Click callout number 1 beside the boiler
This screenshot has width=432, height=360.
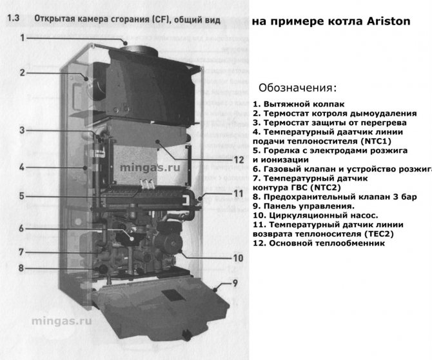(23, 38)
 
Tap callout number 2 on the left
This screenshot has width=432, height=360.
(23, 73)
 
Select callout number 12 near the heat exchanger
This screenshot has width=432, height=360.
(239, 160)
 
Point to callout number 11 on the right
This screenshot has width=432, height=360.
(239, 194)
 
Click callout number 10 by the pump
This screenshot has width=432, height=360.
(239, 258)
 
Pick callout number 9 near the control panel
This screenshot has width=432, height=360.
(235, 283)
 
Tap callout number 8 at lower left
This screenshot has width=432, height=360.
(21, 268)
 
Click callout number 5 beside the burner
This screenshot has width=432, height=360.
(22, 196)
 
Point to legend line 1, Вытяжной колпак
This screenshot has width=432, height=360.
(299, 105)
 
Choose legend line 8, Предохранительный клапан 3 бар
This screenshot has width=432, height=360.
(335, 197)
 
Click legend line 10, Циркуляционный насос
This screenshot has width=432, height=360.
(315, 215)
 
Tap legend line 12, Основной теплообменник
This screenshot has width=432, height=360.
(319, 243)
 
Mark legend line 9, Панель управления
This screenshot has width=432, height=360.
(304, 206)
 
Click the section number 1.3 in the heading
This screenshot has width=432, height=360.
(13, 19)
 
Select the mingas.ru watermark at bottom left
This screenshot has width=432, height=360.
(62, 321)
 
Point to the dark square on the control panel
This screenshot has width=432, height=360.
(173, 295)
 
